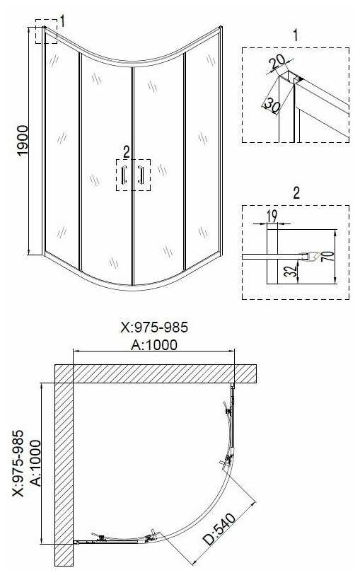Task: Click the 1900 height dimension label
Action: coord(23,141)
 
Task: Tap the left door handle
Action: coord(124,175)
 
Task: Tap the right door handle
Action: coord(141,175)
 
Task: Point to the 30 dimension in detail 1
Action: coord(272,105)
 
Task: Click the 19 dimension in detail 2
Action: coord(272,216)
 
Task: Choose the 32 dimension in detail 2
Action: coord(291,271)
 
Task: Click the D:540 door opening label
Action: coord(219,529)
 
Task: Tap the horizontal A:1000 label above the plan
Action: coord(154,344)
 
